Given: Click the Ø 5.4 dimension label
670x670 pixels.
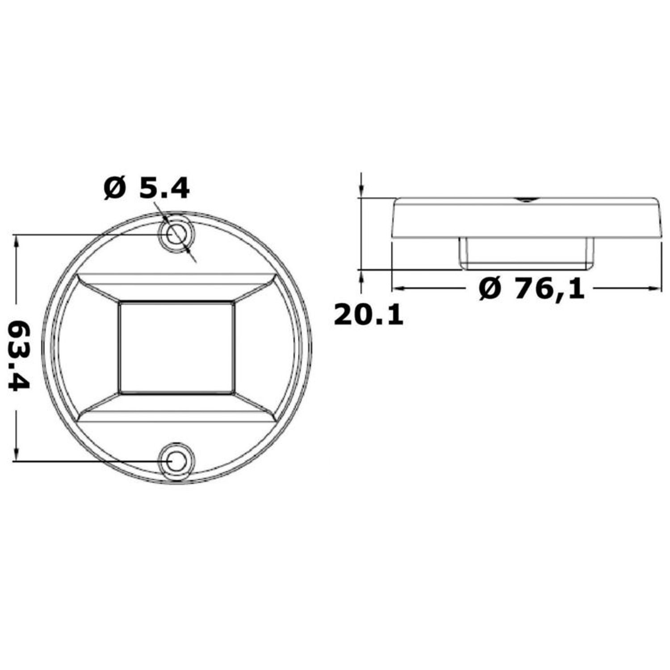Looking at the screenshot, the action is pyautogui.click(x=147, y=188).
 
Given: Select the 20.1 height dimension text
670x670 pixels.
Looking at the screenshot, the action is pyautogui.click(x=368, y=315).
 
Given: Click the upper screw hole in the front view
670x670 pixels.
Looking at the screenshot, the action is pyautogui.click(x=176, y=234).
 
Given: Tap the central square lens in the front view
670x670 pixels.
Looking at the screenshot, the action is pyautogui.click(x=176, y=348).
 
